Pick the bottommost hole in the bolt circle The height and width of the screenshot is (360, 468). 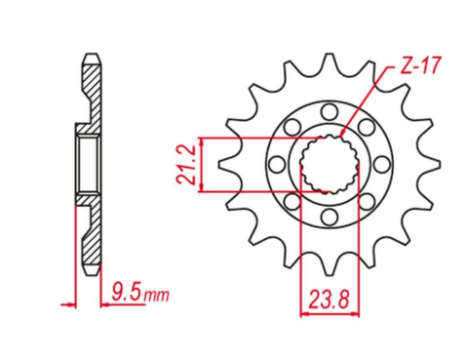(329, 215)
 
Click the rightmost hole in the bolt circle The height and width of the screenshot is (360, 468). (382, 161)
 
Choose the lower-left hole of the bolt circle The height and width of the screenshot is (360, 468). (292, 199)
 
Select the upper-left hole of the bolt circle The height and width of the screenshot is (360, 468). (292, 124)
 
